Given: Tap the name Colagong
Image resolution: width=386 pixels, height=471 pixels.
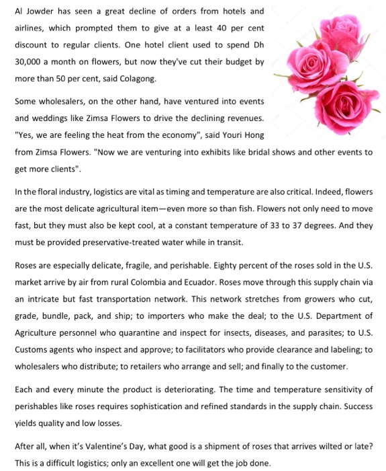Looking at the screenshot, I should click(137, 79).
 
